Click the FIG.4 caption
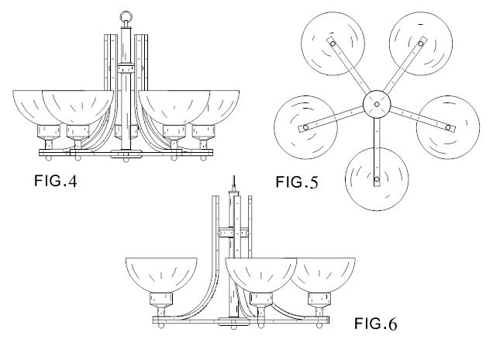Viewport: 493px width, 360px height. point(55,181)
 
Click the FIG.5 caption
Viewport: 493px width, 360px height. point(297,182)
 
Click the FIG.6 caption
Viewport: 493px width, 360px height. point(375,324)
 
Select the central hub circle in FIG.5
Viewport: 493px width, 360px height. point(377,104)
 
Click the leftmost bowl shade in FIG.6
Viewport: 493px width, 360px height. point(161,275)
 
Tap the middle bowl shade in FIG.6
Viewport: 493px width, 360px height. point(261,275)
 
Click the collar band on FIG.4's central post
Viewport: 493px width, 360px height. point(126,68)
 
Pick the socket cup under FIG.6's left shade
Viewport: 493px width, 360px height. point(161,299)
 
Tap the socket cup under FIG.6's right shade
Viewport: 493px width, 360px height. point(319,299)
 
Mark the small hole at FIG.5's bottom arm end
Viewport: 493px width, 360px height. point(377,179)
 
